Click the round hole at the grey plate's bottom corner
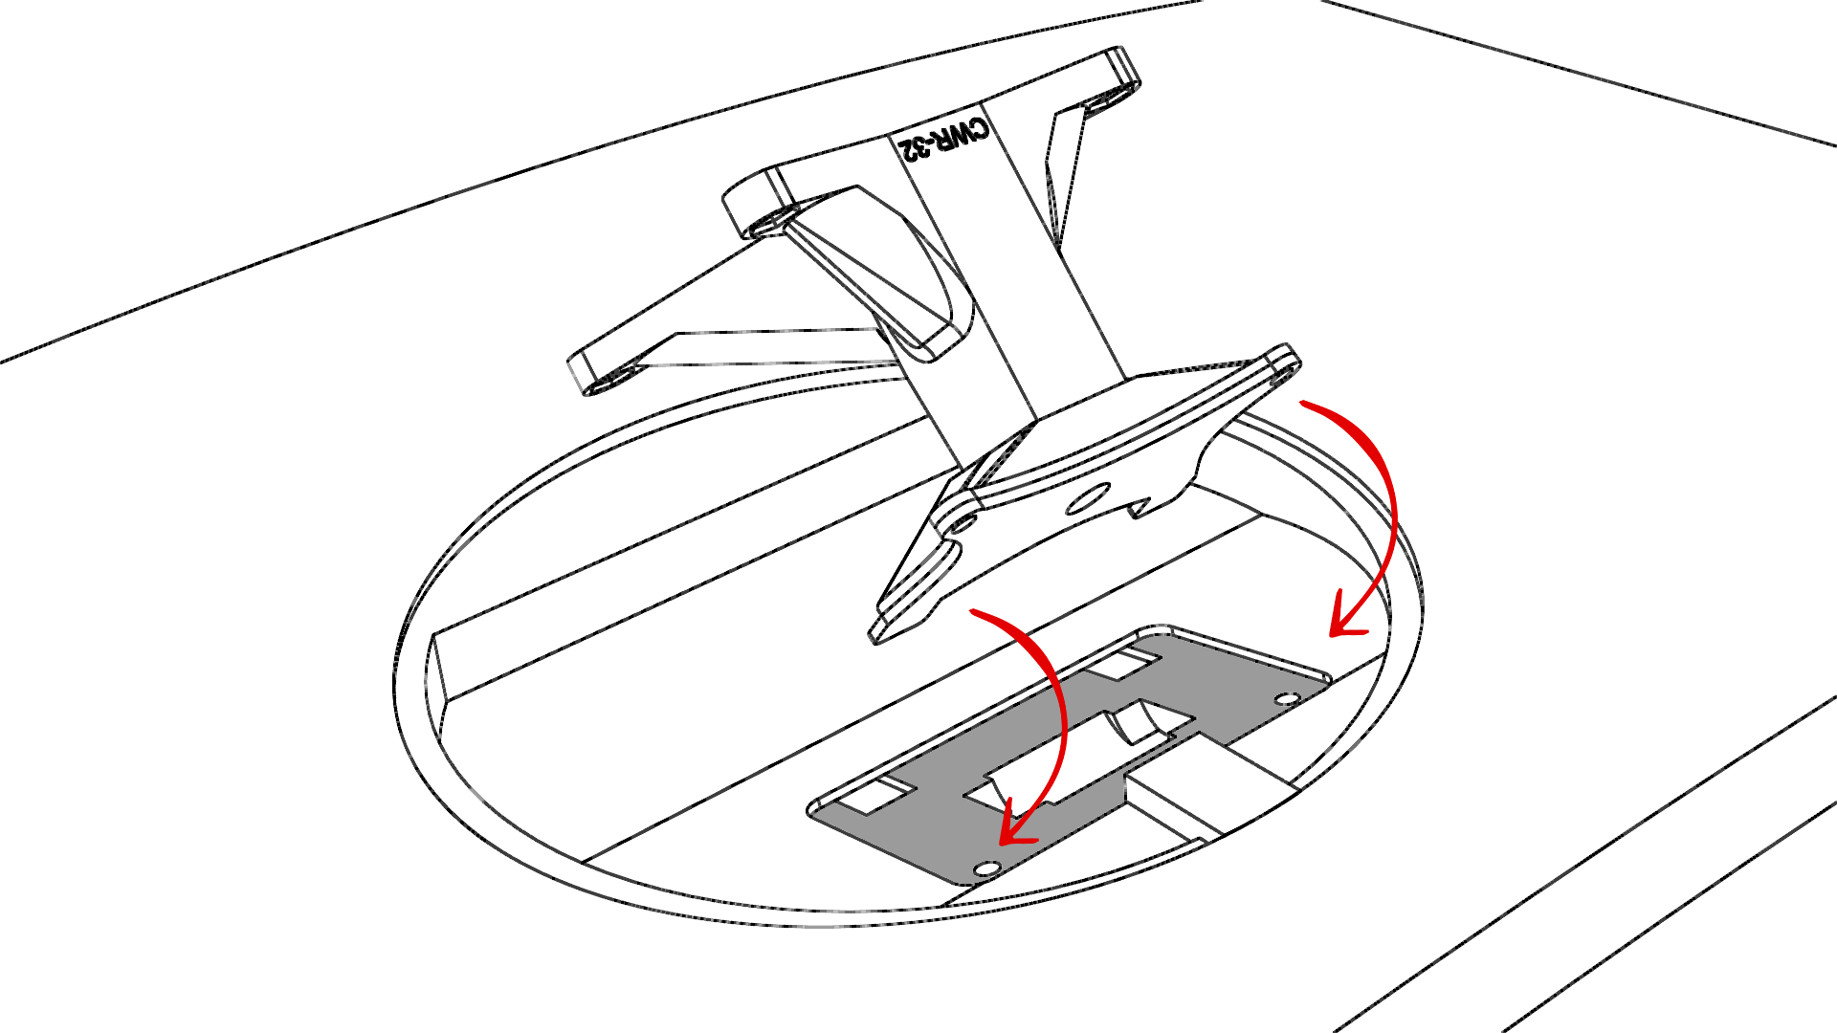[x=985, y=868]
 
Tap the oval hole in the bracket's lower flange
[x=1087, y=498]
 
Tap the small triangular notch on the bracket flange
[x=1139, y=508]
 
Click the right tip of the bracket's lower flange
[x=1282, y=362]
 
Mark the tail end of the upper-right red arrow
[x=1303, y=405]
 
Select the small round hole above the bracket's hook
[x=963, y=524]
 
